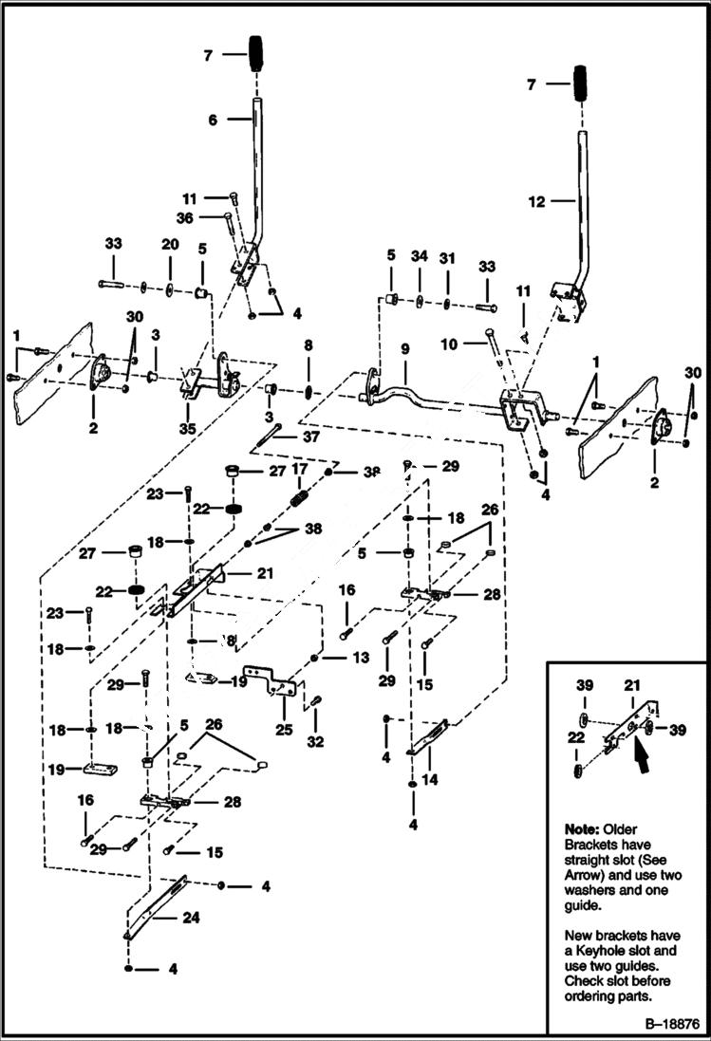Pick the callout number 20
click(x=169, y=244)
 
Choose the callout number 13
click(x=361, y=657)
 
